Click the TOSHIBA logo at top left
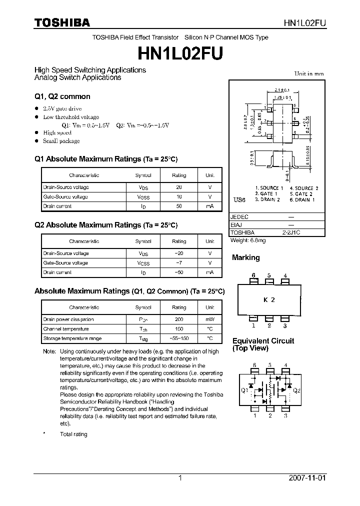click(62, 23)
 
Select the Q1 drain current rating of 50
click(179, 206)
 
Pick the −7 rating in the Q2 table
click(179, 263)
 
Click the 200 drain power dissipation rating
click(179, 319)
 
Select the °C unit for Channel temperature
click(209, 329)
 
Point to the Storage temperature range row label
click(66, 338)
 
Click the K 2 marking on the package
click(269, 300)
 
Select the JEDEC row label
click(239, 217)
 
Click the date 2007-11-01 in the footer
click(307, 478)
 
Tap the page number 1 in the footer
click(180, 478)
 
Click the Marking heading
click(245, 257)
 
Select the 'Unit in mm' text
click(308, 73)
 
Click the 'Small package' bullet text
click(61, 141)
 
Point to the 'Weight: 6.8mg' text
click(248, 240)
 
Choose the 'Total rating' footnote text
click(73, 434)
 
